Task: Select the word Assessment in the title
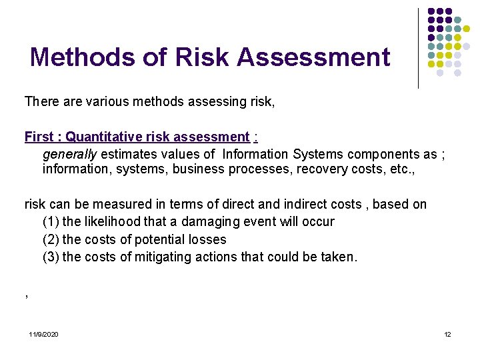click(313, 57)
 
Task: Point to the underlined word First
click(39, 137)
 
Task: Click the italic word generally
click(69, 154)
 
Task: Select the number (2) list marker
click(51, 239)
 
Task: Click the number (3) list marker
click(51, 257)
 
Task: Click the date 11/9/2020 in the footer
click(43, 334)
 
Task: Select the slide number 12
click(447, 334)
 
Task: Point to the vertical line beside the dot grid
click(418, 48)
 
